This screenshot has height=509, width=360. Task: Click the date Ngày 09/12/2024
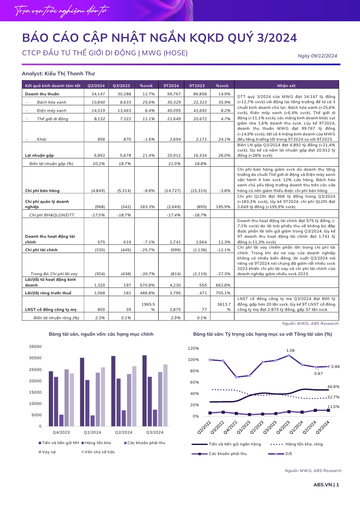[x=317, y=56]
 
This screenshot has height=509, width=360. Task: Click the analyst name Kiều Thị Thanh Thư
[x=70, y=74]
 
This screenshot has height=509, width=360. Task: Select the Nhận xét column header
[x=286, y=86]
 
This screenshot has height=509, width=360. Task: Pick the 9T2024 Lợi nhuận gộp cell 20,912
[x=174, y=155]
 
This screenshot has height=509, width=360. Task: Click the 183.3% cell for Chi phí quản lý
[x=149, y=207]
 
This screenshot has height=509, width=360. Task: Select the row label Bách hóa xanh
[x=52, y=102]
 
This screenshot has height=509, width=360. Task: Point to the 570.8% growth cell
[x=149, y=285]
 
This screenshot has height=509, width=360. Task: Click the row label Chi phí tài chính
[x=41, y=250]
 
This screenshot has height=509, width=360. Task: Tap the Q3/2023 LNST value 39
[x=129, y=310]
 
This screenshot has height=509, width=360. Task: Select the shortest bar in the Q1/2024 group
[x=92, y=421]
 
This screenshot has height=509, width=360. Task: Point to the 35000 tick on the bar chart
[x=35, y=347]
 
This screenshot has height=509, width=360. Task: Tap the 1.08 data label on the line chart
[x=290, y=351]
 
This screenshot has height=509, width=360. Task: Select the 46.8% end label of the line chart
[x=333, y=387]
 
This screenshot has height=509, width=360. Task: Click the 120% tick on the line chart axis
[x=194, y=348]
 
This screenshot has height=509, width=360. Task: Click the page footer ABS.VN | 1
[x=326, y=485]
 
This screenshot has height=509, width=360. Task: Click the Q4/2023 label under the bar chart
[x=61, y=432]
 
